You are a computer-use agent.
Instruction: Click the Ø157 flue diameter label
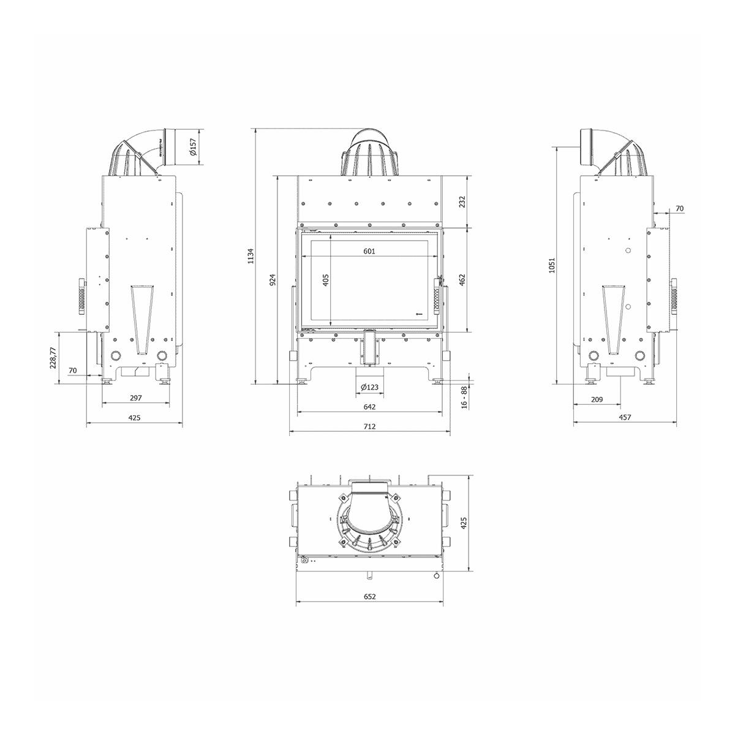point(193,147)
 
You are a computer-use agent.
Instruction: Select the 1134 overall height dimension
point(251,256)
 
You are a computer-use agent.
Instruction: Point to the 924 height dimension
point(273,280)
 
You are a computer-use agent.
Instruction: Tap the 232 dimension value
point(462,202)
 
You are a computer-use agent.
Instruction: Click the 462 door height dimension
point(462,281)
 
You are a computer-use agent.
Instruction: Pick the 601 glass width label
point(369,251)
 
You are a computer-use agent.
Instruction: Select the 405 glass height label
point(325,281)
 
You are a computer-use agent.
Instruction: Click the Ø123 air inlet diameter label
point(369,387)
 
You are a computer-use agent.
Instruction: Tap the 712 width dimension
point(369,426)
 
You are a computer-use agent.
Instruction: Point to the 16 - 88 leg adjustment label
point(464,398)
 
